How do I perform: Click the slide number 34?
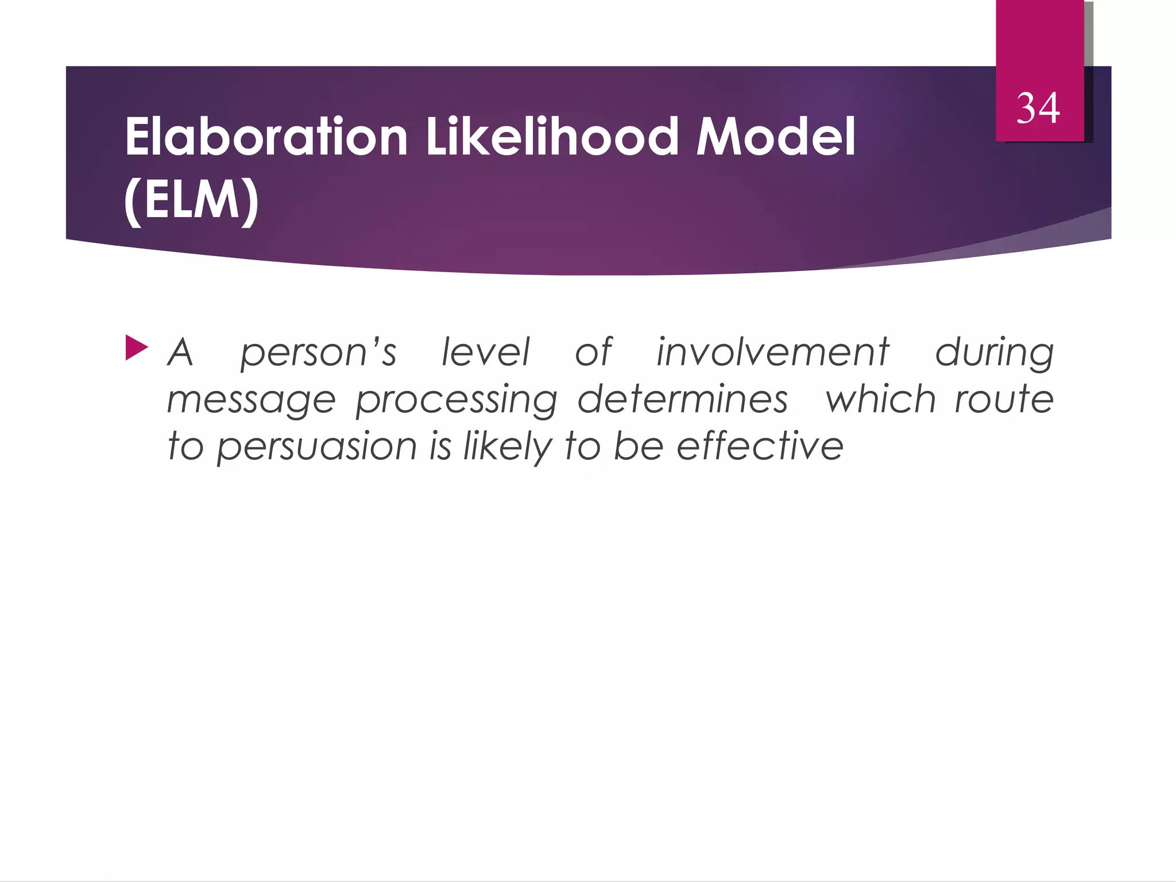point(1038,108)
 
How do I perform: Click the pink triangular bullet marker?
point(136,349)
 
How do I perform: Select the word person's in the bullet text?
point(318,353)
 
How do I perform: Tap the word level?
point(485,351)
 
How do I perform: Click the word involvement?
point(773,351)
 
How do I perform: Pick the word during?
point(995,353)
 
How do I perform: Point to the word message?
point(251,400)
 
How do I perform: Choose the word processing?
point(457,400)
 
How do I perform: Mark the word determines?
point(682,399)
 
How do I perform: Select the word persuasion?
point(316,447)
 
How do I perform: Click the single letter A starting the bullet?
point(180,351)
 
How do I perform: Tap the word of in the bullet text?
point(594,351)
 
